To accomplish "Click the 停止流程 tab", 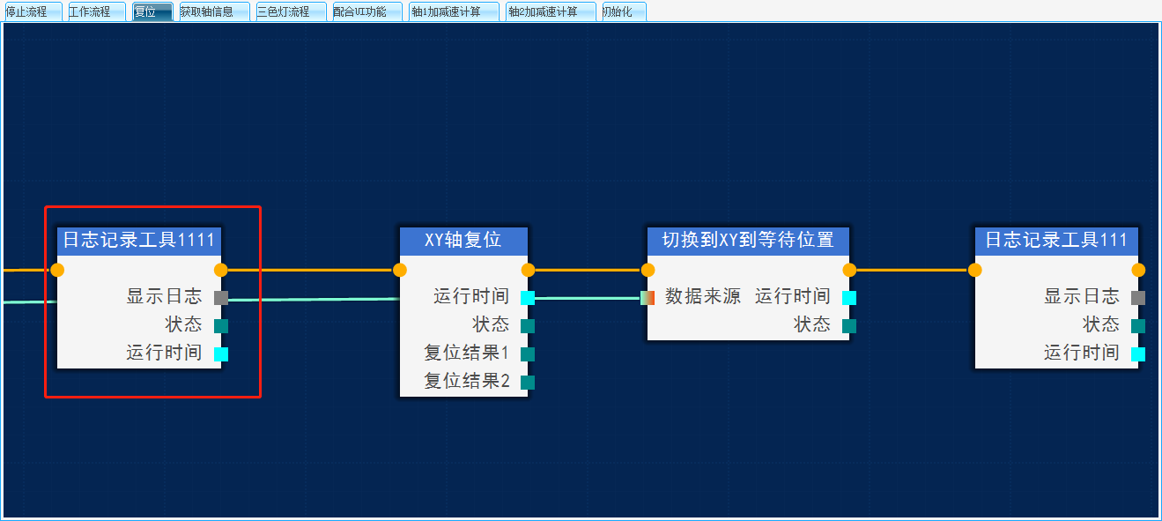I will click(27, 11).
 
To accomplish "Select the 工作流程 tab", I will click(91, 11).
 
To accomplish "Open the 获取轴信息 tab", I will click(208, 11).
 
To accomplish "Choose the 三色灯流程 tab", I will click(284, 11).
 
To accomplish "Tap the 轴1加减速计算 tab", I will click(447, 11).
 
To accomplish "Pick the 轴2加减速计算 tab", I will click(544, 11).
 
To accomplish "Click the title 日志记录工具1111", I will click(138, 240).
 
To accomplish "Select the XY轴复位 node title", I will click(463, 240).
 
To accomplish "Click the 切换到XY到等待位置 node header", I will click(748, 240).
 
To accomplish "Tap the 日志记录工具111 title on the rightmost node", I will click(1055, 240).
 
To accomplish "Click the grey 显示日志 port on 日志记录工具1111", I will click(221, 298).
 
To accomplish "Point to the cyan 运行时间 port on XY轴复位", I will click(528, 298).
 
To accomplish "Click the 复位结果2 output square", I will click(528, 383).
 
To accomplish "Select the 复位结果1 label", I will click(467, 354).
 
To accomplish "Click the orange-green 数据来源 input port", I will click(648, 298).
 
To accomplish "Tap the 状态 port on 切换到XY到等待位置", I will click(849, 326).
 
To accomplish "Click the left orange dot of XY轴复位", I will click(400, 270).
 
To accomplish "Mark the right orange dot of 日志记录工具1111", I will click(221, 270).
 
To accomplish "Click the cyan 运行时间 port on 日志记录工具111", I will click(1138, 354).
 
